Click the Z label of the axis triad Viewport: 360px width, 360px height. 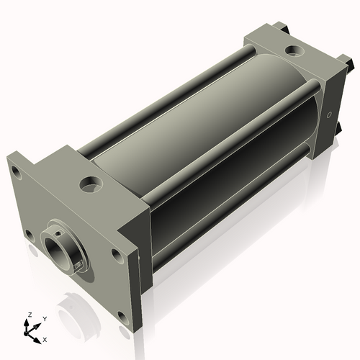point(30,315)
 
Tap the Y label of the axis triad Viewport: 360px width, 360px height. point(45,319)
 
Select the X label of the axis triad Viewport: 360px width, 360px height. point(45,340)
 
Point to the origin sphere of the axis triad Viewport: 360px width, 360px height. point(25,333)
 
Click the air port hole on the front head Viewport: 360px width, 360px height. point(91,184)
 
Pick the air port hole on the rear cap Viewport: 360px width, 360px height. point(294,50)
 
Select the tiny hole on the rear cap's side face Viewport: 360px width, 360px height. point(329,115)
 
